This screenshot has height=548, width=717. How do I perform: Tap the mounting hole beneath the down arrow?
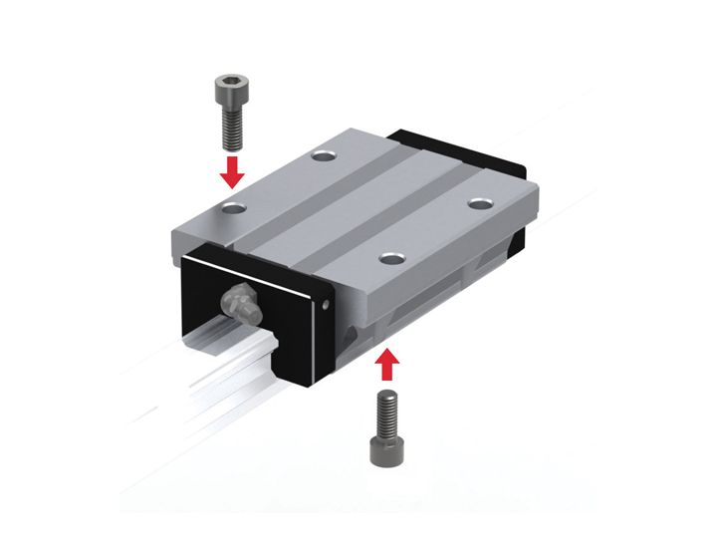235,208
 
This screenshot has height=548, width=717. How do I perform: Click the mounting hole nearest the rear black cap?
482,202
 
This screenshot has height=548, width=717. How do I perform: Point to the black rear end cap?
468,149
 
